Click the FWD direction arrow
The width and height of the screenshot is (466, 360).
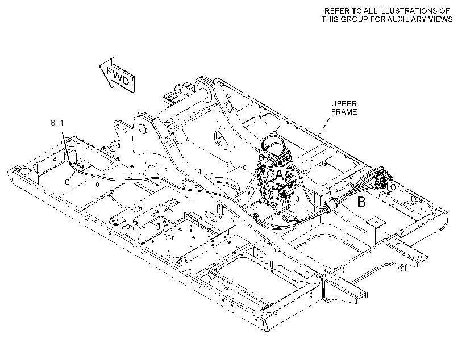click(117, 75)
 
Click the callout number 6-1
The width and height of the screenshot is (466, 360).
click(57, 123)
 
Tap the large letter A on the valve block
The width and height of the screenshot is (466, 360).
click(280, 175)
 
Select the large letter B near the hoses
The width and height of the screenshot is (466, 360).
click(361, 202)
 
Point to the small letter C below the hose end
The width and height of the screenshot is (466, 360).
click(68, 182)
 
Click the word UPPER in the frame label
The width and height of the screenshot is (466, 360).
click(344, 104)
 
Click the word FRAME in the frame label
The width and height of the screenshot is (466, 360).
click(344, 112)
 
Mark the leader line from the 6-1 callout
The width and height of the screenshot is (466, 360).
click(66, 146)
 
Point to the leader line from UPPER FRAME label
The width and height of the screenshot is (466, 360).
click(325, 125)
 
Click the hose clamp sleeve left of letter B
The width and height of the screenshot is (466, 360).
click(330, 206)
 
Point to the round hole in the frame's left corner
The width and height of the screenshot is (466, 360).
click(23, 172)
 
